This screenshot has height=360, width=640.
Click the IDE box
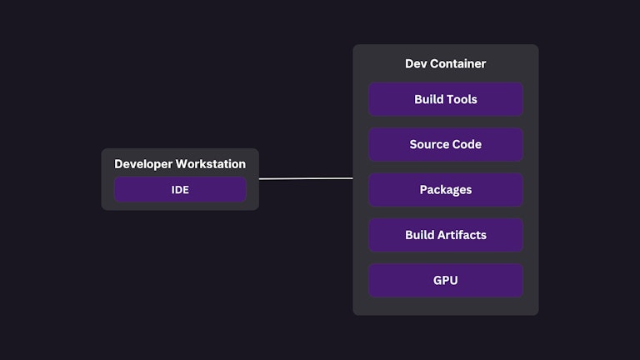point(180,189)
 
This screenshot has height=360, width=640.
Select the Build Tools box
point(445,99)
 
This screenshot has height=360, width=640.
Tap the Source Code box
point(445,144)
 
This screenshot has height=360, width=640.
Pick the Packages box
point(445,190)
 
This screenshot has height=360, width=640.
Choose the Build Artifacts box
point(445,235)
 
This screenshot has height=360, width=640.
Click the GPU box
point(445,281)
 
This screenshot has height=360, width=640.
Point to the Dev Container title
point(445,63)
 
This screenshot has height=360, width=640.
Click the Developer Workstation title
point(180,164)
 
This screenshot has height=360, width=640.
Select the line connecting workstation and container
point(306,178)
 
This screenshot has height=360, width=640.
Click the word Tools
point(462,99)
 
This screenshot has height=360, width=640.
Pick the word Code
point(467,144)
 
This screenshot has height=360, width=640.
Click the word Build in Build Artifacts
point(420,235)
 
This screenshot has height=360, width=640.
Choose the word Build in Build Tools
point(428,99)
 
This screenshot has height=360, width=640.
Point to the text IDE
point(180,189)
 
